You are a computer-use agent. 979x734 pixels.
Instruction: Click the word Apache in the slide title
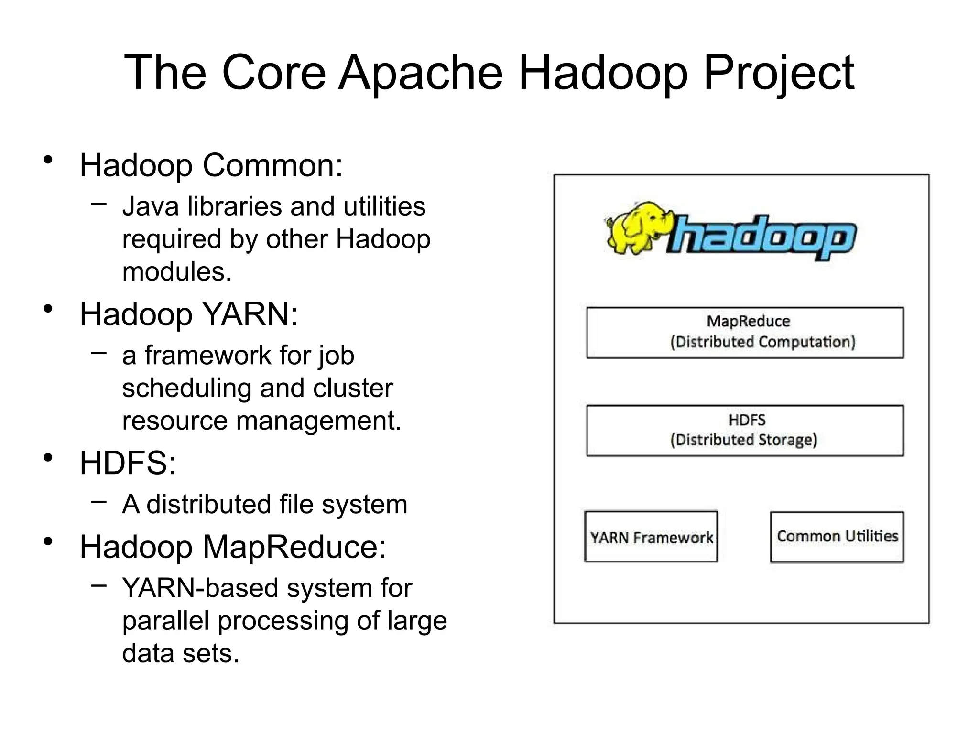[x=421, y=73]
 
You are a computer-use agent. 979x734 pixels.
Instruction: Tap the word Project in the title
[x=779, y=73]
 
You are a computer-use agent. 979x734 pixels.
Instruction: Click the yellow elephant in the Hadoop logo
[x=638, y=227]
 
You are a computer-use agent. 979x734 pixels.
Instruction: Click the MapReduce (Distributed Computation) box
[x=745, y=333]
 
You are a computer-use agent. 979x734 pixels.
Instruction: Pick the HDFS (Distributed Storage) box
[x=745, y=430]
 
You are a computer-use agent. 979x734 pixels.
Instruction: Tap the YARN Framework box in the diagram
[x=651, y=537]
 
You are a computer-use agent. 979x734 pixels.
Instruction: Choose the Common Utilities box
[x=837, y=537]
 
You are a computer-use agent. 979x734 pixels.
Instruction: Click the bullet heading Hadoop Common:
[x=211, y=165]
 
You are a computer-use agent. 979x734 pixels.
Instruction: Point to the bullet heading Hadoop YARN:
[x=188, y=314]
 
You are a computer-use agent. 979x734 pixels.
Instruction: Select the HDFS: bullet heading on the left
[x=128, y=463]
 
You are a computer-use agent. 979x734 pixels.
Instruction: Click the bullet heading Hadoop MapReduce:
[x=232, y=546]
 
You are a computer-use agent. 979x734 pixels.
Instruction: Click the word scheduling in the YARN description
[x=186, y=388]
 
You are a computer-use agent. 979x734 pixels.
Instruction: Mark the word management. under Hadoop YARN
[x=319, y=421]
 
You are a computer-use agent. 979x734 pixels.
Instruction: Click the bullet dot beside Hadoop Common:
[x=47, y=160]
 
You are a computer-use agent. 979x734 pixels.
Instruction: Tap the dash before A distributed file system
[x=98, y=502]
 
